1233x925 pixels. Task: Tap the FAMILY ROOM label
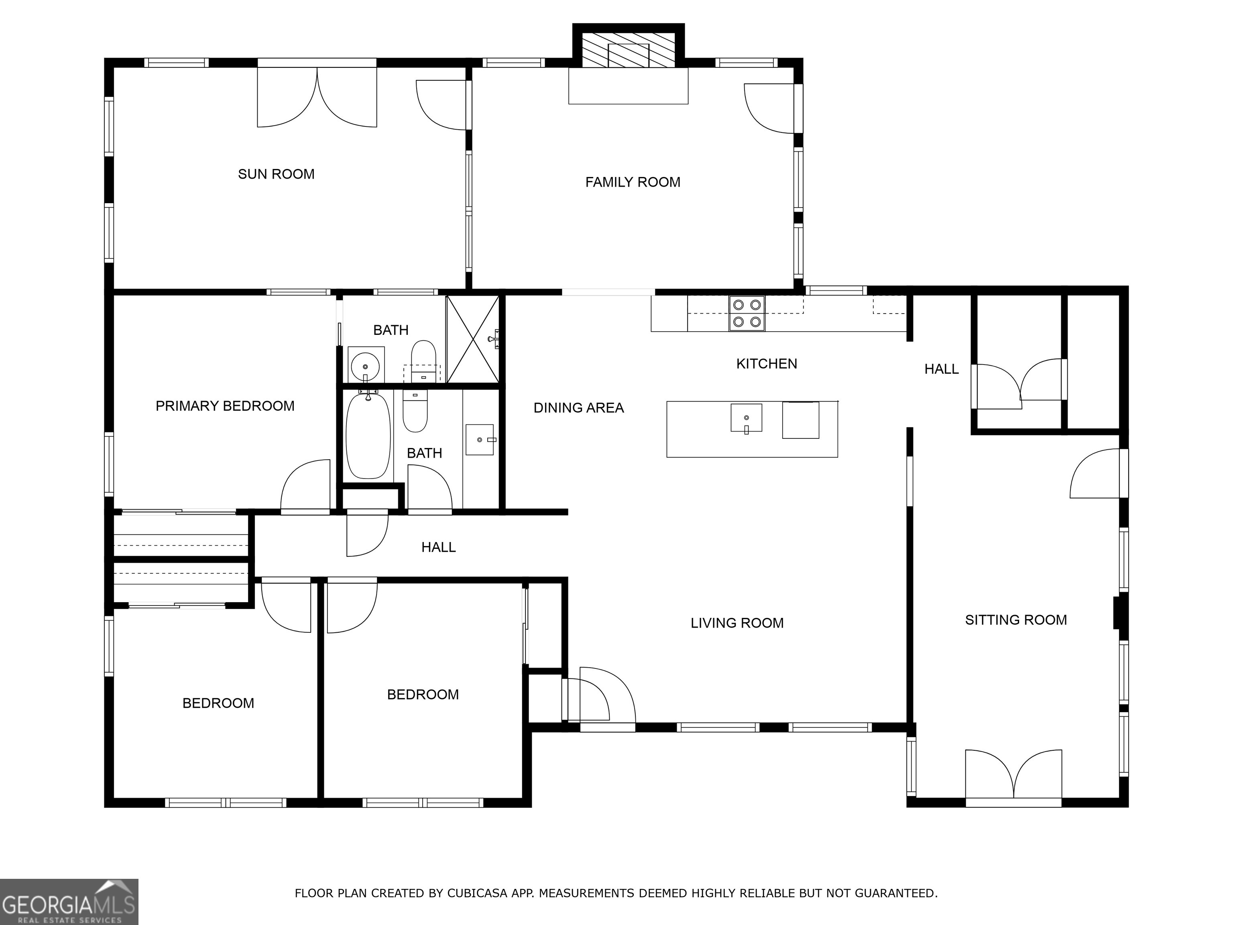(633, 182)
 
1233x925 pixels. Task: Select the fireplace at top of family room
(628, 50)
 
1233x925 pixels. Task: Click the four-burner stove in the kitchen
(747, 313)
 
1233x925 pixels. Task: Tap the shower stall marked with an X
(473, 339)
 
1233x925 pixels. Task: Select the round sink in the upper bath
(366, 366)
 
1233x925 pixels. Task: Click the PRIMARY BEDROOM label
(225, 406)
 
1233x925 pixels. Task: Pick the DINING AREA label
(579, 408)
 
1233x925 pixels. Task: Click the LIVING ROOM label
(737, 623)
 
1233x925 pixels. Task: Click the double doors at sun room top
(317, 98)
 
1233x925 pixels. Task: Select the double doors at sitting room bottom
(1013, 778)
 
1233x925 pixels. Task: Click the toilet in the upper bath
(423, 360)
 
